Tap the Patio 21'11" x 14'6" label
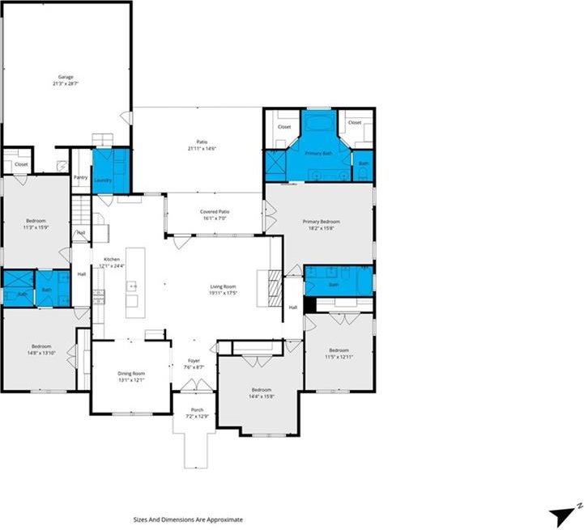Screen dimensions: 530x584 [x=201, y=145]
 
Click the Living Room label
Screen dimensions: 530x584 [x=223, y=290]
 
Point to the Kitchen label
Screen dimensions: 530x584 [x=111, y=262]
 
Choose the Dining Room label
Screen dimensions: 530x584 [x=131, y=376]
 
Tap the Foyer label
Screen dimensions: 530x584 [x=194, y=364]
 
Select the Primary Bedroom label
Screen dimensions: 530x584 [x=321, y=224]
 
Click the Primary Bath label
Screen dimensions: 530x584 [x=318, y=152]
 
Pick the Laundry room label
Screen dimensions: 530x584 [x=102, y=180]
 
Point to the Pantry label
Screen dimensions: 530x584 [x=80, y=177]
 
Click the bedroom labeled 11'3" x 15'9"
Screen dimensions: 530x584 [x=36, y=223]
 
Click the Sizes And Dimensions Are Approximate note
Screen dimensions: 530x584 [x=188, y=520]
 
